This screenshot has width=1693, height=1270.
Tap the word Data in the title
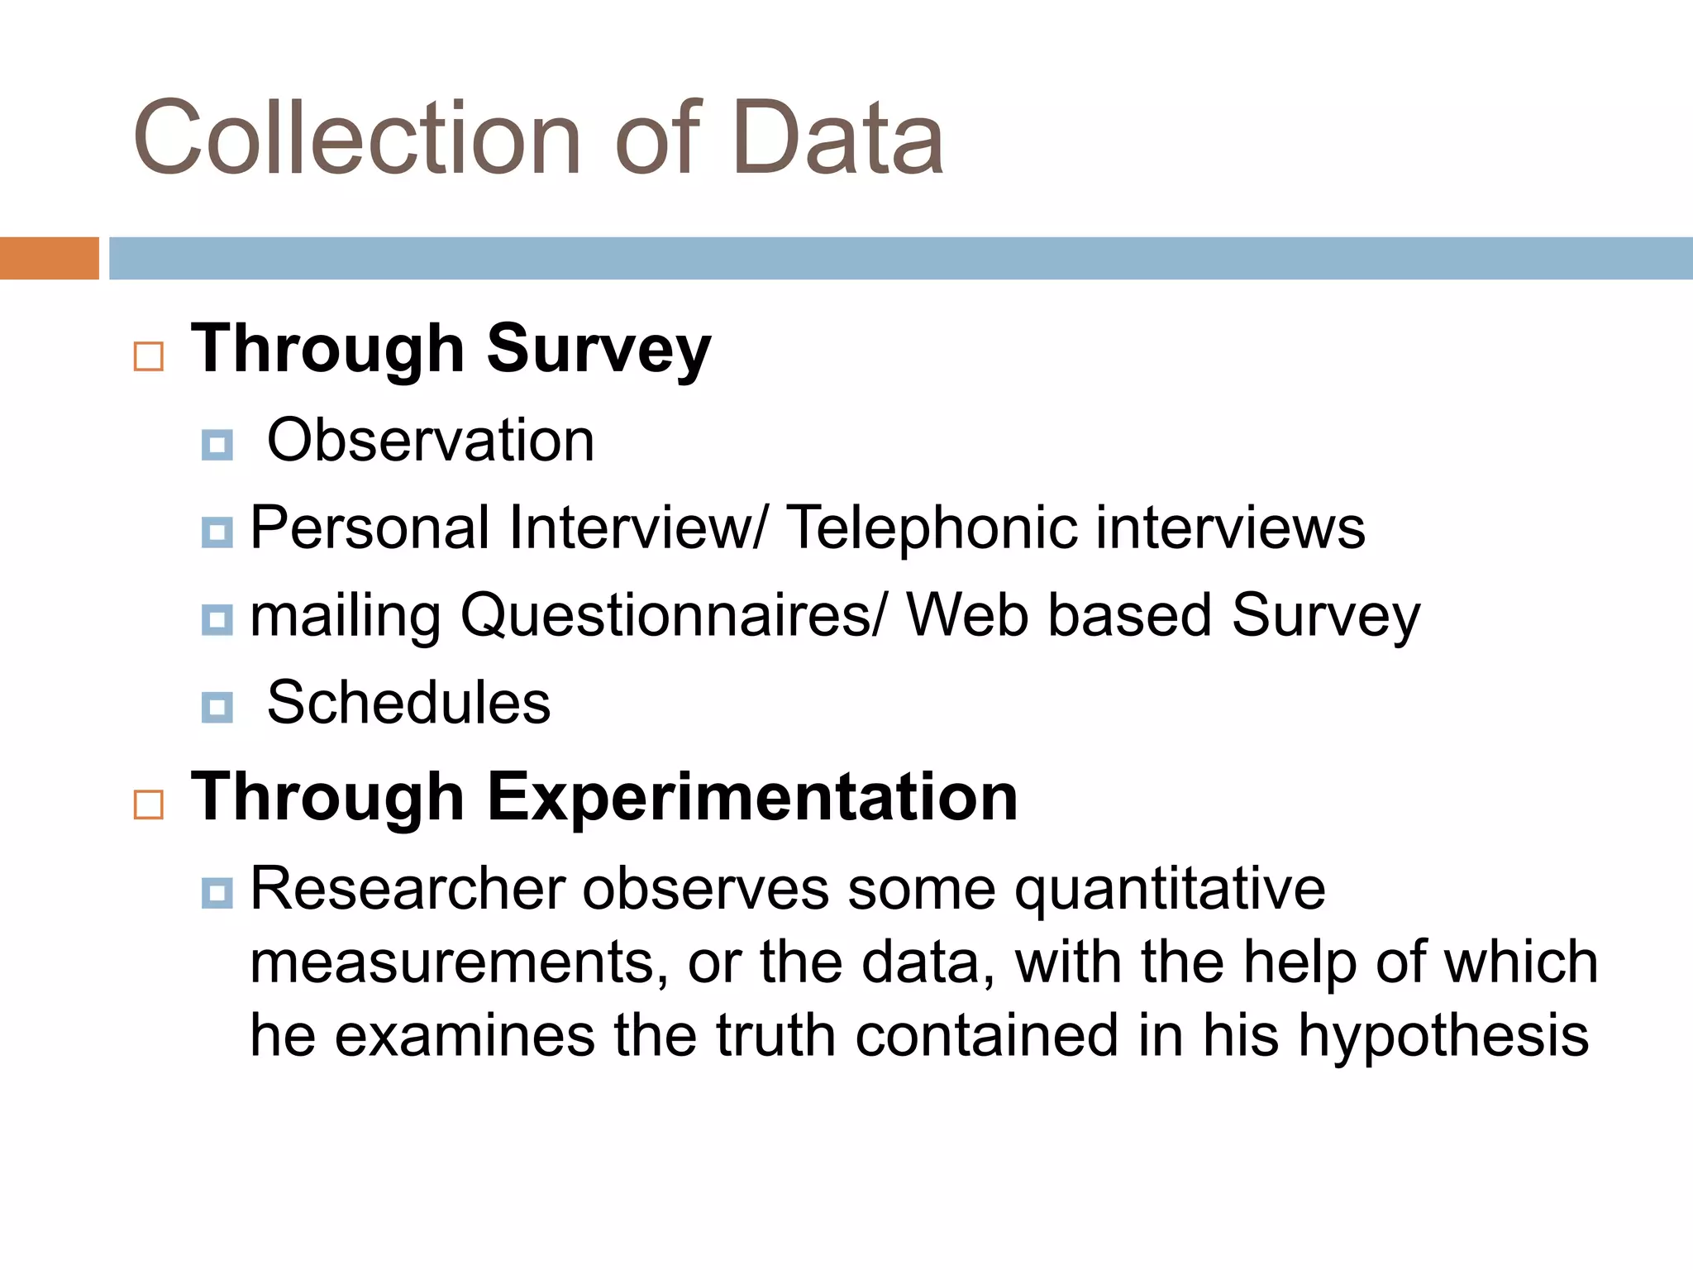click(x=837, y=138)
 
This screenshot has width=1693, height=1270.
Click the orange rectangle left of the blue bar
click(x=49, y=258)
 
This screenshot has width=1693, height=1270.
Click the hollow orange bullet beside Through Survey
click(x=149, y=357)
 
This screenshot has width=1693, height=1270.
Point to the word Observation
click(x=431, y=441)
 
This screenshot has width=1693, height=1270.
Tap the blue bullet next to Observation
click(x=217, y=445)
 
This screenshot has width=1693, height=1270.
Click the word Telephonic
click(x=931, y=528)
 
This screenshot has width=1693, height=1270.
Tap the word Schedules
click(x=408, y=704)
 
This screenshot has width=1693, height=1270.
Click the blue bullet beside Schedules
click(x=217, y=708)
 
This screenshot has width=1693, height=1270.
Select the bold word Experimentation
click(x=752, y=797)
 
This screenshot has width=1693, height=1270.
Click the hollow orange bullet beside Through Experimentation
click(x=149, y=804)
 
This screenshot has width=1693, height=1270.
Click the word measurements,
click(x=460, y=963)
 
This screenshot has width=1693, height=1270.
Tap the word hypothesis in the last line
click(x=1443, y=1037)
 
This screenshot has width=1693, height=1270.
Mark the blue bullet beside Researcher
click(x=217, y=893)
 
